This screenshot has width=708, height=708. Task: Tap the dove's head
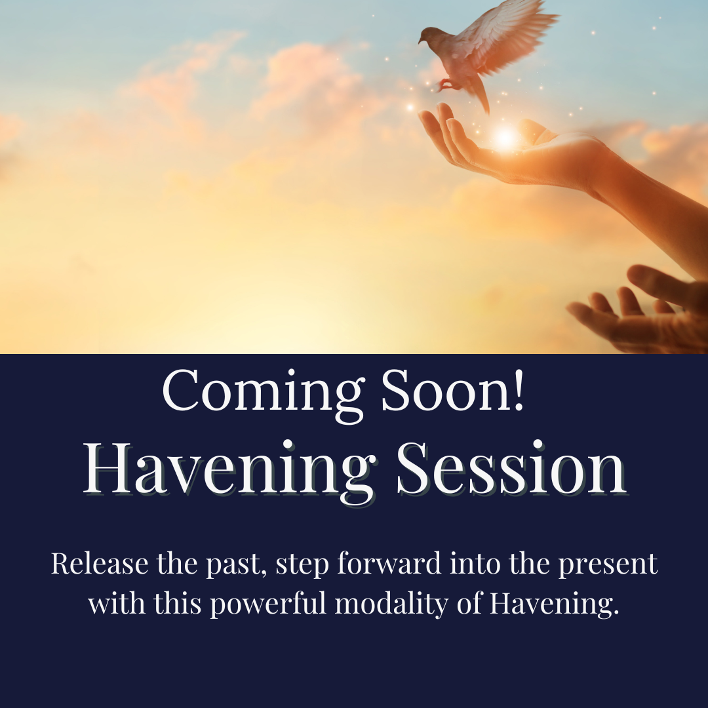pos(428,35)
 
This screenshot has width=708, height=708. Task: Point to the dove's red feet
pos(444,85)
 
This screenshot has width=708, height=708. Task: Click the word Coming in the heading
pos(262,391)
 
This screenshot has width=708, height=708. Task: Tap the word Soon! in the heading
pos(453,390)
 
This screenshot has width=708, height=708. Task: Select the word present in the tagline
pos(608,565)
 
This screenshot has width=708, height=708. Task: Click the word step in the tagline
pos(302,565)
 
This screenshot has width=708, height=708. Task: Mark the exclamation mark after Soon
pos(519,389)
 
